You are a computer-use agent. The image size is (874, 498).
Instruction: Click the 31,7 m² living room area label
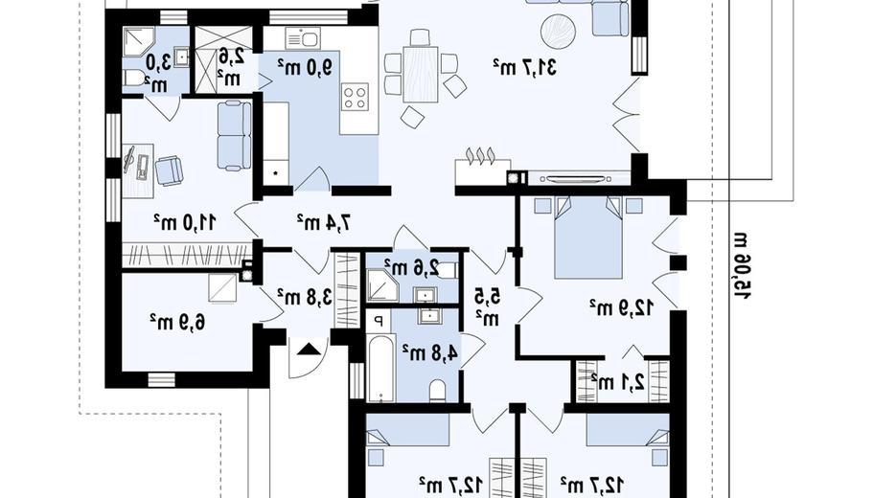(524, 67)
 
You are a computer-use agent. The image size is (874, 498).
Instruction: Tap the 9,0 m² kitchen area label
(305, 67)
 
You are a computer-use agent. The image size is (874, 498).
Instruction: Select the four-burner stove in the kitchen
(355, 97)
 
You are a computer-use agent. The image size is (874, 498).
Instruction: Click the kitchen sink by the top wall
(302, 39)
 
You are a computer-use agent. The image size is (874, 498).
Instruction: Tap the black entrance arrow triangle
(310, 350)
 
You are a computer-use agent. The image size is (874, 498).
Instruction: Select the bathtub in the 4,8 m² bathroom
(380, 368)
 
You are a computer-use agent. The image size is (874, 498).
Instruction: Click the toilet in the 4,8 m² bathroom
(438, 391)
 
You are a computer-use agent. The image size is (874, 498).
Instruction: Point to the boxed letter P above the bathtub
(379, 321)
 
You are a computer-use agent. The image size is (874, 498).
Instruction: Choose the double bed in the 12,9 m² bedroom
(588, 237)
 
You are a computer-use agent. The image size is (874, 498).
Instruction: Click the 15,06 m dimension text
(742, 265)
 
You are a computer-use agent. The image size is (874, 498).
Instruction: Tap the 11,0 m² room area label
(185, 223)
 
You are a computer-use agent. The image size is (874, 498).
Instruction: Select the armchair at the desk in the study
(169, 170)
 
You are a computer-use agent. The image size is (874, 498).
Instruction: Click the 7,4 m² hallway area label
(324, 222)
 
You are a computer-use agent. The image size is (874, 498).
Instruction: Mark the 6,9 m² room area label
(176, 321)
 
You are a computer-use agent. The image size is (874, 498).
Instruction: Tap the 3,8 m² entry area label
(305, 296)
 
